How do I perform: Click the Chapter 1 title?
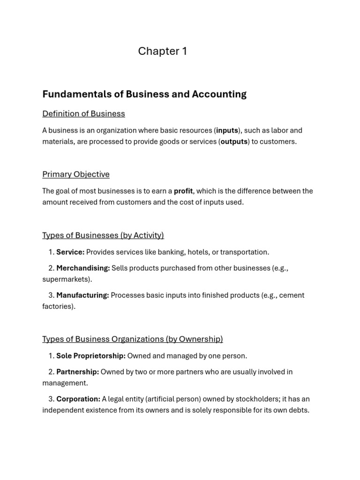click(162, 51)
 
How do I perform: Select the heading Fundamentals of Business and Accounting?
click(144, 94)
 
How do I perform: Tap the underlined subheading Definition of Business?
click(83, 113)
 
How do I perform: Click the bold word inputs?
click(227, 130)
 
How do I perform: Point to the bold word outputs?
click(234, 142)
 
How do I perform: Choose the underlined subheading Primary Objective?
click(76, 174)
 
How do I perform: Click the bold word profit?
click(183, 191)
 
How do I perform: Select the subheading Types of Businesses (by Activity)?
click(103, 235)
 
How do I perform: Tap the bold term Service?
click(70, 252)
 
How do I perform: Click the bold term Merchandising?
click(83, 268)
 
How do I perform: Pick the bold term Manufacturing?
click(82, 295)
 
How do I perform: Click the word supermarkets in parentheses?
click(66, 279)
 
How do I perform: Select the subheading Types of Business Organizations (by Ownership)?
click(133, 339)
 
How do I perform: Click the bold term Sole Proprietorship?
click(91, 356)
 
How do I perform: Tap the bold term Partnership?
click(78, 372)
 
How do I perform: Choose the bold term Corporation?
click(78, 399)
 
